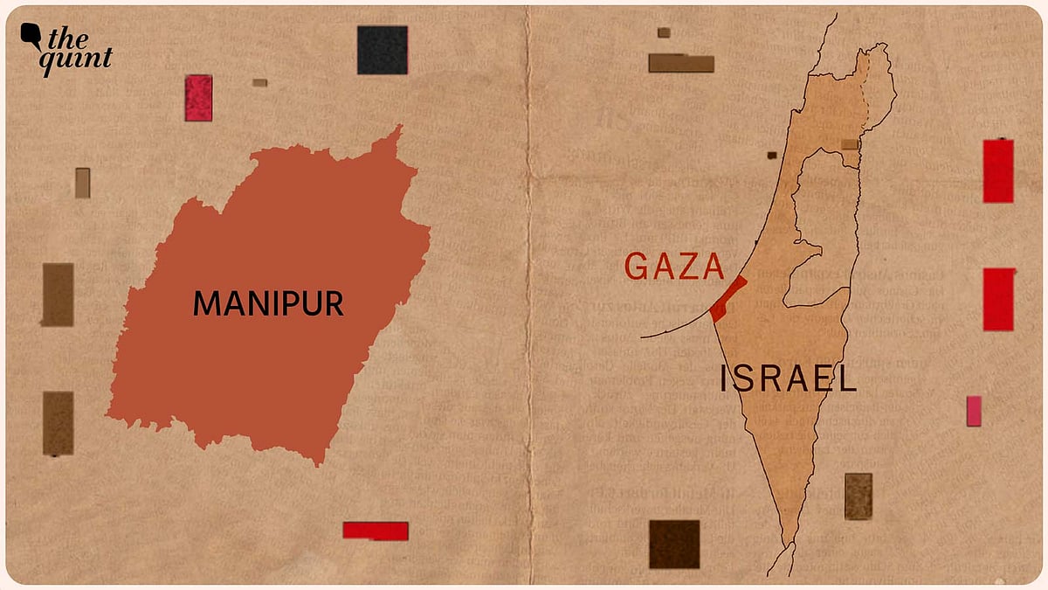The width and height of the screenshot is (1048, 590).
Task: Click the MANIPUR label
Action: (268, 304)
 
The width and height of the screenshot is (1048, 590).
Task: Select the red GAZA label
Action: (674, 267)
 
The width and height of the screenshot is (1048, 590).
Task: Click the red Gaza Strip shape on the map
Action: (727, 299)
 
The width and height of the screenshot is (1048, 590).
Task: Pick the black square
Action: (383, 50)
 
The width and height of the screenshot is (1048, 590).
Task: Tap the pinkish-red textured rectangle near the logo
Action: (198, 98)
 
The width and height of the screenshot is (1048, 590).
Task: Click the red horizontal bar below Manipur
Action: (376, 530)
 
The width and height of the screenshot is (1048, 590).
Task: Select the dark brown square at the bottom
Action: (674, 544)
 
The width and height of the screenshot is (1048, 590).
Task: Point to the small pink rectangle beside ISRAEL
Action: (974, 411)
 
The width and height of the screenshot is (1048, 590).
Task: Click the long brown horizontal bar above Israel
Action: (681, 63)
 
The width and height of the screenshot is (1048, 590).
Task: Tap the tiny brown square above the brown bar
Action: (664, 32)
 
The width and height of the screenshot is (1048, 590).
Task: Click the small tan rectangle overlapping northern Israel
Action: (850, 144)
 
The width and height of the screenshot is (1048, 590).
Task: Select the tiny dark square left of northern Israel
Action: (772, 156)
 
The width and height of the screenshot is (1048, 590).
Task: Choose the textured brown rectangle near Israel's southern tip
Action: (858, 496)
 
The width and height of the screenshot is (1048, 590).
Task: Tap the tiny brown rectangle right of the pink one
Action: (259, 83)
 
